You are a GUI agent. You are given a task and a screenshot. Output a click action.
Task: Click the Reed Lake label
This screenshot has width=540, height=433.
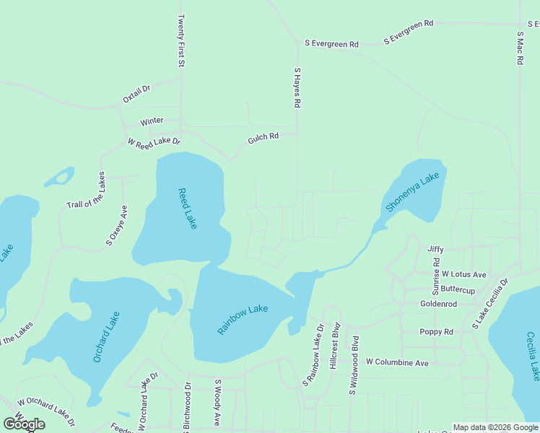tap(188, 209)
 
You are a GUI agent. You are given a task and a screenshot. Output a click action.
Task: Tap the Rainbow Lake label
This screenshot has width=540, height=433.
tap(243, 320)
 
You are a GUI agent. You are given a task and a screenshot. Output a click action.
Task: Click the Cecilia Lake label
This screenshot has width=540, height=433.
tap(533, 356)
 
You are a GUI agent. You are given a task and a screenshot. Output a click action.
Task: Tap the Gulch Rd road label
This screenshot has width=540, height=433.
tap(263, 136)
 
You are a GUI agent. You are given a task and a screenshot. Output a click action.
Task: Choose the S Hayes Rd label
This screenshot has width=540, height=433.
tap(296, 88)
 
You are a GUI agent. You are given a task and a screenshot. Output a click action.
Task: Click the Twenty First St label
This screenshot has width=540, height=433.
tap(181, 41)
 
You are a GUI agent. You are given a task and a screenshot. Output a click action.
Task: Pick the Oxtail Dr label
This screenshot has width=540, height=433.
tap(136, 93)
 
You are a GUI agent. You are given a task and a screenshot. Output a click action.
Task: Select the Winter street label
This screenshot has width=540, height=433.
tap(152, 121)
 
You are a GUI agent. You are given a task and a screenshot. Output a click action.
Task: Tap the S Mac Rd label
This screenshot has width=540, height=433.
tap(519, 48)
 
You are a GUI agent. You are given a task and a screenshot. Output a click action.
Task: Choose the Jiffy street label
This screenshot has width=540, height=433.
tap(435, 249)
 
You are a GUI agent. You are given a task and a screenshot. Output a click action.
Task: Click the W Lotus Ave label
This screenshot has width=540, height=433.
tap(464, 274)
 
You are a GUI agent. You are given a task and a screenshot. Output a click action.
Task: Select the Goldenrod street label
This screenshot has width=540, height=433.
tap(439, 304)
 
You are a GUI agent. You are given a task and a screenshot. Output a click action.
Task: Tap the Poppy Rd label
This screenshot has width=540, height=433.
tap(436, 332)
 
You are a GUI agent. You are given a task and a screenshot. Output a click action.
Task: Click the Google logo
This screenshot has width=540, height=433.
tap(25, 424)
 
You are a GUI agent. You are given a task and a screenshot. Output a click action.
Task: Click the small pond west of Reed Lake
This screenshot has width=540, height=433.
tap(59, 177)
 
